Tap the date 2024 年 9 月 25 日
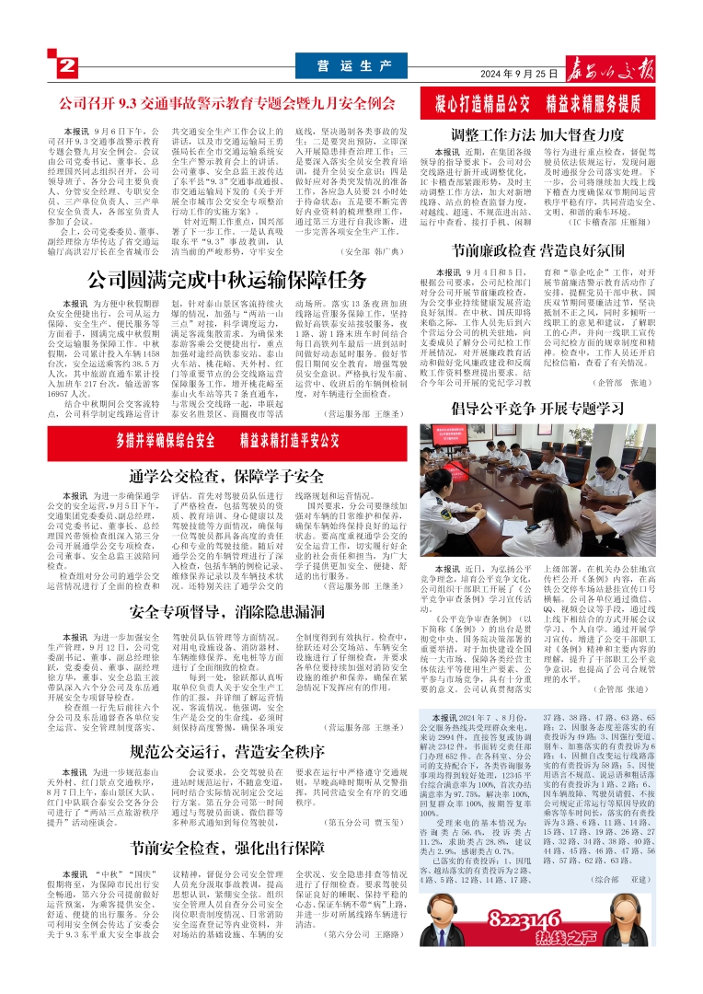521,74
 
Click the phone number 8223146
524,919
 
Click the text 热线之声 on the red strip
566,938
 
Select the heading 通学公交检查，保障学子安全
227,476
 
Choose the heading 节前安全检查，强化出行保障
227,847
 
